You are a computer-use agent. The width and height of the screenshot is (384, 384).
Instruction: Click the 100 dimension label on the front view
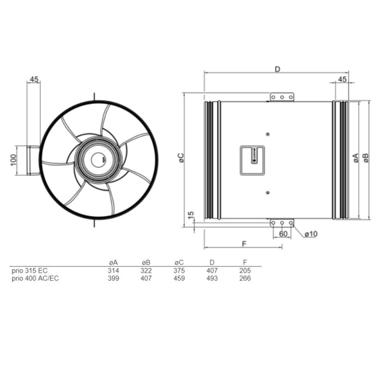[x=13, y=161]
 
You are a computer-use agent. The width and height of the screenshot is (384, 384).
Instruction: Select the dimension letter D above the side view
[x=277, y=68]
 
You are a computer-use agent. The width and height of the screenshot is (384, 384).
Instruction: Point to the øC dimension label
[x=181, y=158]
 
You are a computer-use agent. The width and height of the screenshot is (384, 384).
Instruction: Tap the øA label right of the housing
[x=355, y=158]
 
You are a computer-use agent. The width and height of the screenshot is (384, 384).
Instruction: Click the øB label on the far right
[x=366, y=158]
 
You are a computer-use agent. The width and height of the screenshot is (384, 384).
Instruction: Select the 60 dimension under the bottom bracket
[x=283, y=234]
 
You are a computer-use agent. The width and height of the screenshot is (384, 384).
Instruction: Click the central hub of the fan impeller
[x=99, y=159]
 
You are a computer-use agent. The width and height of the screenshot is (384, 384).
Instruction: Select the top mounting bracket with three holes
[x=282, y=97]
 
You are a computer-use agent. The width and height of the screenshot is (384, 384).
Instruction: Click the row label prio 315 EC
[x=30, y=271]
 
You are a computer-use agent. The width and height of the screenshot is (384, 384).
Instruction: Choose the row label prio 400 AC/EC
[x=36, y=279]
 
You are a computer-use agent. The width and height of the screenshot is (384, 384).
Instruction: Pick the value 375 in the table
[x=179, y=271]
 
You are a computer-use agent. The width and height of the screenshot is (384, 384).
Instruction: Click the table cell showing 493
[x=212, y=279]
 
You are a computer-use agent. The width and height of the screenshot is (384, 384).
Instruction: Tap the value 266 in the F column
[x=245, y=279]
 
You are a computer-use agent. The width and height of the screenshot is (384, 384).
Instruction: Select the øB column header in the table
[x=146, y=263]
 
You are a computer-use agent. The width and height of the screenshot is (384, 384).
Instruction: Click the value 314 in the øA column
[x=113, y=271]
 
